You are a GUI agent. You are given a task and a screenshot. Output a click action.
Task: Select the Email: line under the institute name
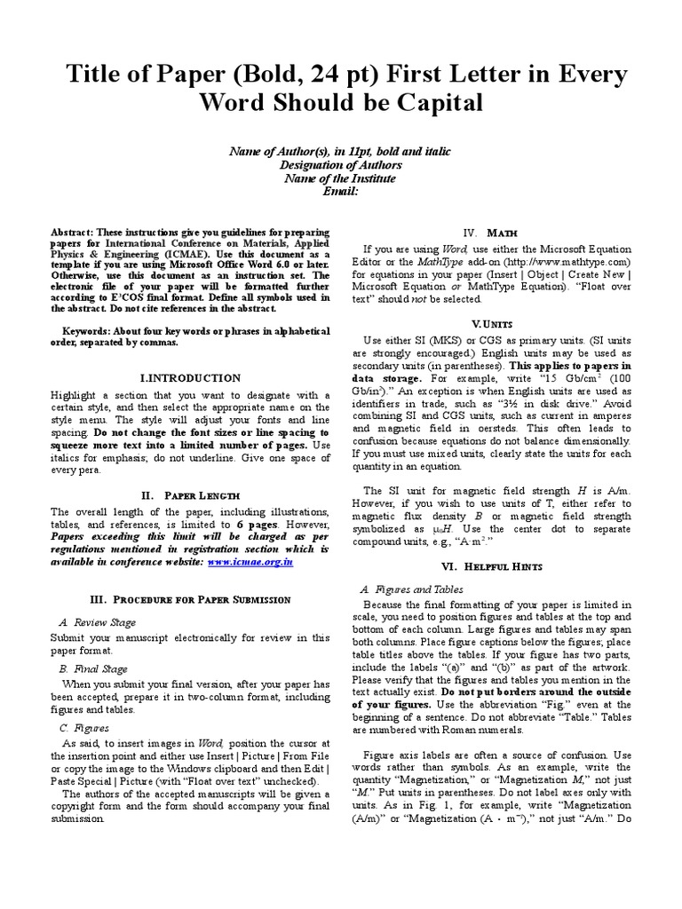click(341, 191)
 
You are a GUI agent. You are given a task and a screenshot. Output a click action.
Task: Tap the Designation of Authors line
click(341, 165)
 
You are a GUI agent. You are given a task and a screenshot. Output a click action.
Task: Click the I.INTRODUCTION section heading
click(192, 377)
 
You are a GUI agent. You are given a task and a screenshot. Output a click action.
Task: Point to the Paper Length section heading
click(192, 494)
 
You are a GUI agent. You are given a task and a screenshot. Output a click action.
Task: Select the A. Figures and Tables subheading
click(410, 589)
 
